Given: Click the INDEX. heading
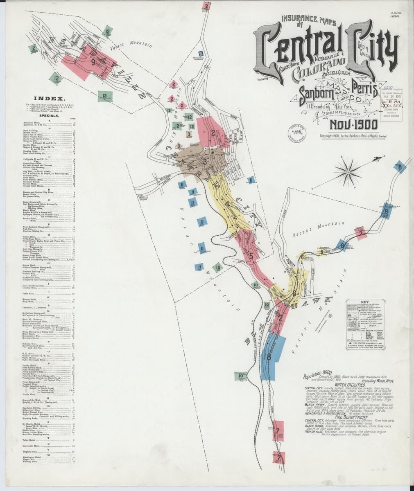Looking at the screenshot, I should (x=48, y=99).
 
